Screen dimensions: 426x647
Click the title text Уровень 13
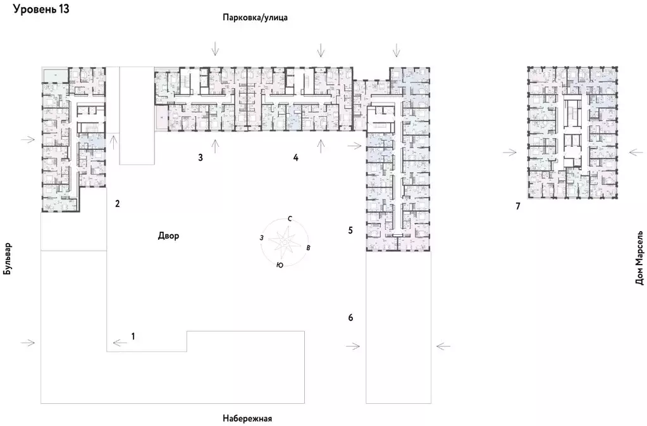41,9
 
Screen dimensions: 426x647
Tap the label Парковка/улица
255,18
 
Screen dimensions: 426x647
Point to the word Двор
169,236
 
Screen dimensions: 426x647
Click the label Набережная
247,418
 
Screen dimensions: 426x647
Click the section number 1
133,336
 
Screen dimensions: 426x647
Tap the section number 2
117,204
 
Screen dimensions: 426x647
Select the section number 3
200,157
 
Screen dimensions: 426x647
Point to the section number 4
295,157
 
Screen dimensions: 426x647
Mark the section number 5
350,230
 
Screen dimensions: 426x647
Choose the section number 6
350,317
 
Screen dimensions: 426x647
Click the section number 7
517,206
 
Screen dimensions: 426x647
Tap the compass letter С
290,218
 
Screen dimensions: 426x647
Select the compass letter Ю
280,266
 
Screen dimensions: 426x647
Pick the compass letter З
261,237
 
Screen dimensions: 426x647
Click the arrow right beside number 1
119,343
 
